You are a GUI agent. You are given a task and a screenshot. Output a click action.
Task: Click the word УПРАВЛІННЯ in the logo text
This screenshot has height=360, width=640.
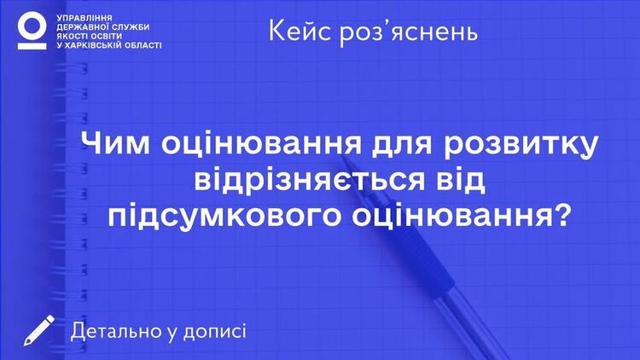tap(84, 19)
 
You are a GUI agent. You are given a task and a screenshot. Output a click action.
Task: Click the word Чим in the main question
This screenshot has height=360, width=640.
tap(115, 143)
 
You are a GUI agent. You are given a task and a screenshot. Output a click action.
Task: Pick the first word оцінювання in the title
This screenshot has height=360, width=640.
tap(261, 145)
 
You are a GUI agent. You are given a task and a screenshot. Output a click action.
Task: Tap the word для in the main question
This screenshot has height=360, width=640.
tap(402, 146)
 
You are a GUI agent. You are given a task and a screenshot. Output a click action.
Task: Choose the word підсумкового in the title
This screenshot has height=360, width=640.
tap(224, 216)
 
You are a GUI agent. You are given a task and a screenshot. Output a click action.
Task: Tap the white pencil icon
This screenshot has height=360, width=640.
tap(38, 330)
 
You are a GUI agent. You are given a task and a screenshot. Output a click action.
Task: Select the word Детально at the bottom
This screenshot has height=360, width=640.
tap(117, 331)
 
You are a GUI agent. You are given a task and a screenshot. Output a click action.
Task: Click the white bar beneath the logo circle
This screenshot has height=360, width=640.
tap(32, 46)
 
